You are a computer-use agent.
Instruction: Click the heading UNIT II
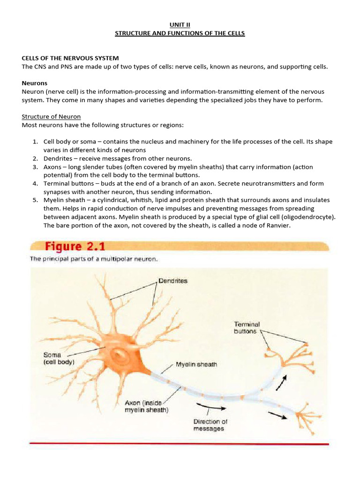tap(180, 25)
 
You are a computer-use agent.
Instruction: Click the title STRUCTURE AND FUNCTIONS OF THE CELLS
tap(180, 33)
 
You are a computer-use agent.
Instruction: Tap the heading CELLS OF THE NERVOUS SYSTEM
tap(70, 58)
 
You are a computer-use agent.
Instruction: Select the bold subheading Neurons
tap(35, 83)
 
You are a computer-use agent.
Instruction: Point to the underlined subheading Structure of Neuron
tap(51, 116)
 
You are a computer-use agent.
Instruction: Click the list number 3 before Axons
tap(35, 167)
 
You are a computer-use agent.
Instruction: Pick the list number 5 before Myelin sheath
tap(35, 200)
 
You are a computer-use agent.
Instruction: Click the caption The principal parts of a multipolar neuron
tap(94, 259)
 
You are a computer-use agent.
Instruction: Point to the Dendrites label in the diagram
tap(173, 281)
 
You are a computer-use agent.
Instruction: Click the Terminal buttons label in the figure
tap(247, 328)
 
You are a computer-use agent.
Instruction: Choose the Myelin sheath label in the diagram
tap(196, 364)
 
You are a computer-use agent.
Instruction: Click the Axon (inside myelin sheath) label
tap(147, 406)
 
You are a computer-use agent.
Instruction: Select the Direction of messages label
tap(210, 425)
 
